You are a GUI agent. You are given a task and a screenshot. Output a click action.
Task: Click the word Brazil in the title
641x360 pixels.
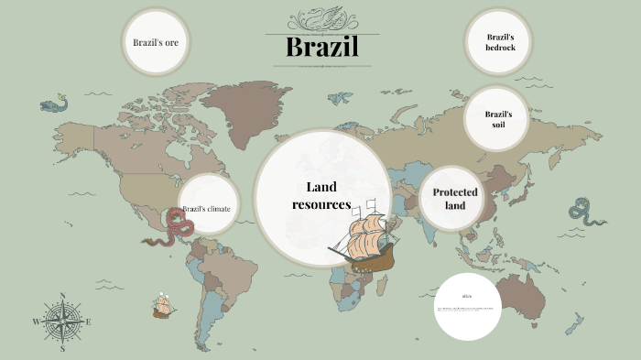point(320,48)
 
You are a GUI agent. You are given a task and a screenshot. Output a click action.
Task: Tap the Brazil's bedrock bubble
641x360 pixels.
point(499,42)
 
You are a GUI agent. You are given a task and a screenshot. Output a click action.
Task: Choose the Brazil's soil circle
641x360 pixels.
point(497,119)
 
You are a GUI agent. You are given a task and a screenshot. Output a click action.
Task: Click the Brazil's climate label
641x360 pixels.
point(206,209)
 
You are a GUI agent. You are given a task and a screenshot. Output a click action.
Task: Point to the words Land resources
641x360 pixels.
point(321,195)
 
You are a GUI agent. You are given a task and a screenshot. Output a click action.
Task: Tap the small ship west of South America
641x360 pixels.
point(165,305)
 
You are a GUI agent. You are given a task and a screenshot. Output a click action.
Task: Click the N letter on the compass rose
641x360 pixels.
point(62,295)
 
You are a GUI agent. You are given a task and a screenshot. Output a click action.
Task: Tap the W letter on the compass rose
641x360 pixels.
point(37,322)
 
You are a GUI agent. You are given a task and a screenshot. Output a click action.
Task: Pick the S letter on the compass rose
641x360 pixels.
point(62,348)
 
